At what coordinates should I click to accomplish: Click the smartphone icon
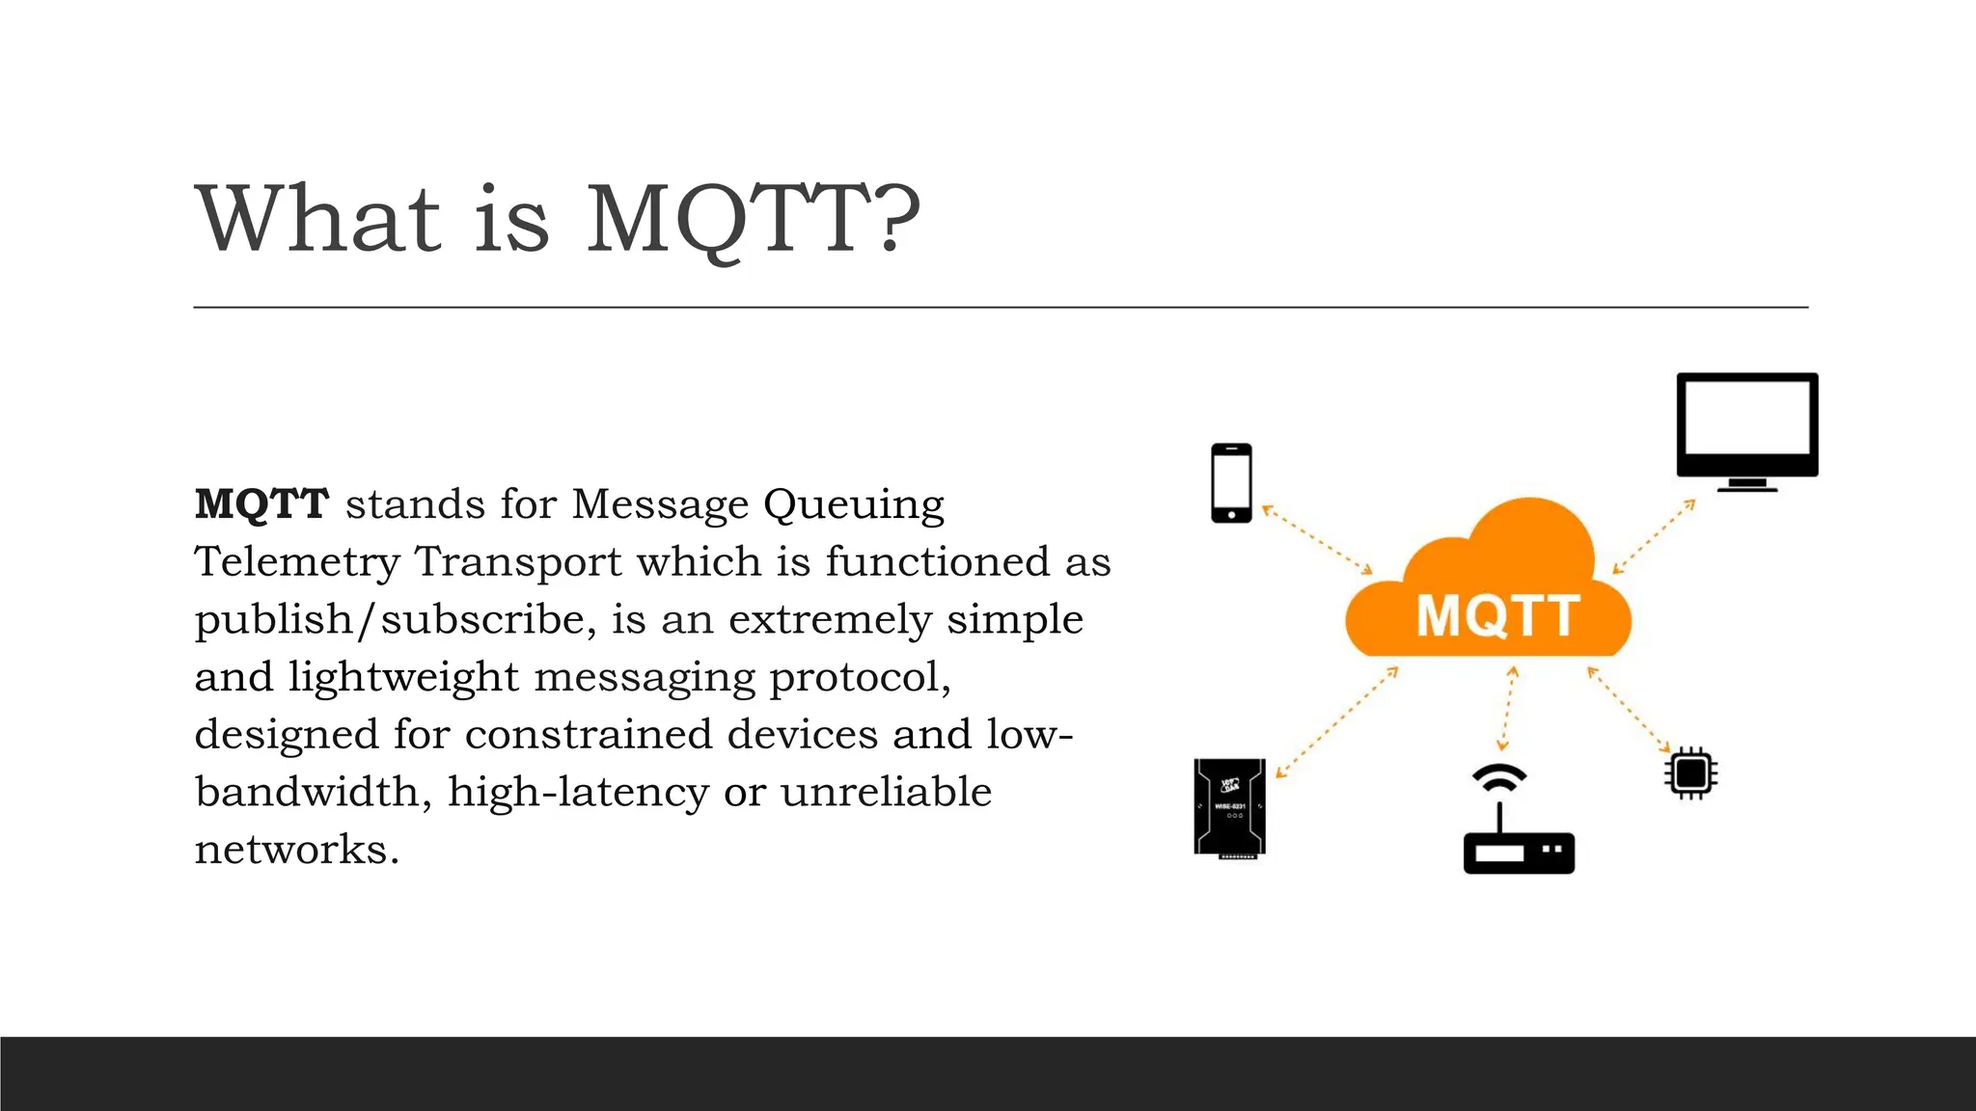(x=1231, y=483)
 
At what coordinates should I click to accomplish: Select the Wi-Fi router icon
(x=1519, y=849)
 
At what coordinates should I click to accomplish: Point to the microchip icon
(x=1690, y=772)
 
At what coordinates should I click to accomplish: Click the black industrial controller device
(x=1229, y=807)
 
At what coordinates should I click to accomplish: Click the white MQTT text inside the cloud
(x=1497, y=616)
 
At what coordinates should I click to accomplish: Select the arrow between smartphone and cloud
(x=1318, y=539)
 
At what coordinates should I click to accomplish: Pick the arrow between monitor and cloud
(x=1654, y=536)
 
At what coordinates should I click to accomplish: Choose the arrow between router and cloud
(x=1507, y=708)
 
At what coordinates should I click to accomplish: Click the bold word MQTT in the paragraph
(x=261, y=504)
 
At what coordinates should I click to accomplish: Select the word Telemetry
(x=297, y=562)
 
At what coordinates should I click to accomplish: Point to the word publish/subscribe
(x=396, y=619)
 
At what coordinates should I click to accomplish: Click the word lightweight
(x=403, y=677)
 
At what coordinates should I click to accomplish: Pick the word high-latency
(x=578, y=793)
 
